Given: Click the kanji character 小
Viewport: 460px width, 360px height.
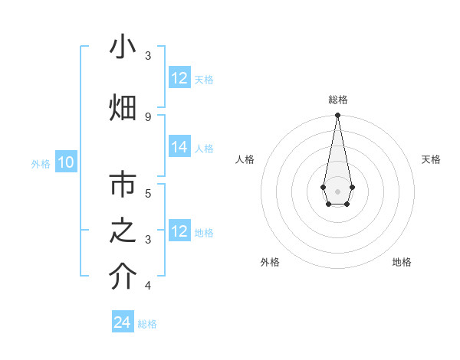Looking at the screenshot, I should pyautogui.click(x=123, y=47).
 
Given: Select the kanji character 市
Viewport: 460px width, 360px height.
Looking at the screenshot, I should pyautogui.click(x=123, y=185).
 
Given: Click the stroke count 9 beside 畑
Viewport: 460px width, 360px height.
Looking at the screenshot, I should pyautogui.click(x=148, y=116).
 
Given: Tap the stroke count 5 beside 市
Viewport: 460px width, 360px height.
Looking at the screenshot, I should pyautogui.click(x=148, y=193).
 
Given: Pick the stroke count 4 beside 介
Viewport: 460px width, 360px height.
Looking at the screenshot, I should pyautogui.click(x=148, y=286).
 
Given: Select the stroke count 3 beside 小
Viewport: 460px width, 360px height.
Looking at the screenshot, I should pyautogui.click(x=148, y=56).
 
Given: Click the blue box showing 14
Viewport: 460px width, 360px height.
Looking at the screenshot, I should pyautogui.click(x=179, y=148).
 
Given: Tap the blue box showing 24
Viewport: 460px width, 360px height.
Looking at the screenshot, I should pyautogui.click(x=122, y=323).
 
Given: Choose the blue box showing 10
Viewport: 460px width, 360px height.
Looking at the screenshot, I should pyautogui.click(x=66, y=162).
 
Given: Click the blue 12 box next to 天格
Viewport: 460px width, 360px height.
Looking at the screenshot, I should pyautogui.click(x=179, y=78).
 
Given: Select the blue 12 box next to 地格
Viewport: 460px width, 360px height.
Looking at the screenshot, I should pyautogui.click(x=179, y=231).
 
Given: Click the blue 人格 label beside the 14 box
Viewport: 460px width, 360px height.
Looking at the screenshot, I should pyautogui.click(x=204, y=149).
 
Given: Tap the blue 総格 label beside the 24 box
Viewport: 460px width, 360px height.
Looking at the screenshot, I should pyautogui.click(x=147, y=324).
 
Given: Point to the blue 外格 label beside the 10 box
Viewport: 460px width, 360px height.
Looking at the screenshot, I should pyautogui.click(x=41, y=163).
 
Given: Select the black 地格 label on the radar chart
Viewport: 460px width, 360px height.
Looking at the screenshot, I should pyautogui.click(x=402, y=263).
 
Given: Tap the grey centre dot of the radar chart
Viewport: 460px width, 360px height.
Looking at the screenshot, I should pyautogui.click(x=337, y=191).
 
